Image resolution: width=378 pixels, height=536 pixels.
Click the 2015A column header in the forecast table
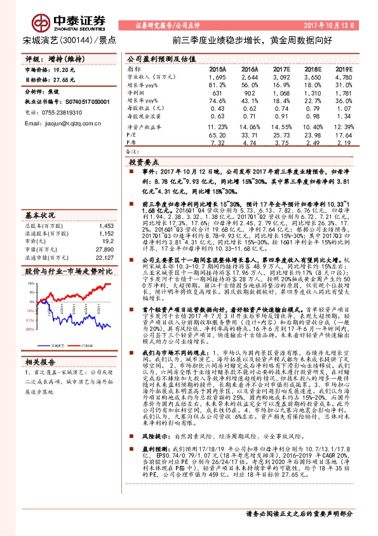pos(217,68)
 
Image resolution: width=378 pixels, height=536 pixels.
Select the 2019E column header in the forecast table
pos(343,68)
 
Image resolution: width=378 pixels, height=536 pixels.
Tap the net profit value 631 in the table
pos(219,92)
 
